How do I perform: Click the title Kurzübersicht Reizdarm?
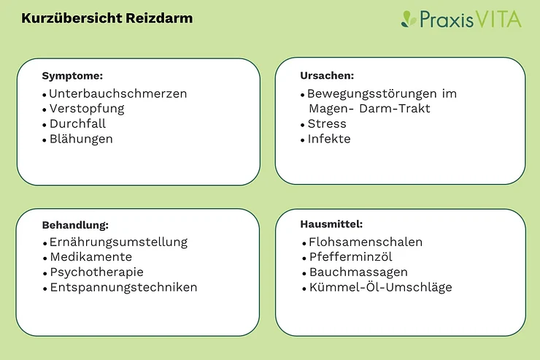(107, 18)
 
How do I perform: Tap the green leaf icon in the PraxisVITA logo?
(409, 19)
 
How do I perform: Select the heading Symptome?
(72, 76)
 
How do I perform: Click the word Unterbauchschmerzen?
(117, 93)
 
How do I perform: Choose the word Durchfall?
(77, 123)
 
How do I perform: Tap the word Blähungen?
(81, 139)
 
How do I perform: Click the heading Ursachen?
(327, 75)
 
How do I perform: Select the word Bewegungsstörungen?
(372, 94)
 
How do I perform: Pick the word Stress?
(327, 123)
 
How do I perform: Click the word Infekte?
(329, 139)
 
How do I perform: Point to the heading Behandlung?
(75, 225)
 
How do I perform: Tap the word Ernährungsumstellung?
(118, 242)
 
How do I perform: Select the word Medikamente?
(91, 257)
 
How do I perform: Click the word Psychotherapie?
(97, 272)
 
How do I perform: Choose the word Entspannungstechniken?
(123, 288)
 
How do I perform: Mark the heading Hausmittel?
(331, 224)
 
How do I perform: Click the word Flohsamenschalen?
(366, 242)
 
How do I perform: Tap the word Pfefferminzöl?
(350, 257)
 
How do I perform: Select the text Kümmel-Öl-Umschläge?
(380, 287)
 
